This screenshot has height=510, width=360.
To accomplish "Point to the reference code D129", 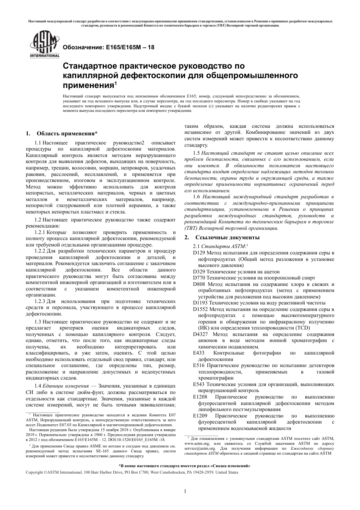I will coord(199,253).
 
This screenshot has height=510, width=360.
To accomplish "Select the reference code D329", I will coord(199,271).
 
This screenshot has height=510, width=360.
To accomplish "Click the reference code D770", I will coord(199,278).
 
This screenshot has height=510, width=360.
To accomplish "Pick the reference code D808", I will coord(199,284).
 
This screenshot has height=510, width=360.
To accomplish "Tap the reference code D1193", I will coord(200,303).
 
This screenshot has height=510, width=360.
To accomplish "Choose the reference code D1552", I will coord(200,309).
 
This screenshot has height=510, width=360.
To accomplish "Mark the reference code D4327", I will coord(200,334).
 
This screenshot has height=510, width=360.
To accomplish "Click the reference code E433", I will coord(199,353).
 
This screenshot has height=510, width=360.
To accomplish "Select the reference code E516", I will coord(199,366).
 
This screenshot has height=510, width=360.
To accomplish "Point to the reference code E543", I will coord(199,384).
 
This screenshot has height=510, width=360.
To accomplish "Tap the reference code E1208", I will coord(200,397).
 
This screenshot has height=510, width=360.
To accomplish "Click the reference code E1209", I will coord(200,416).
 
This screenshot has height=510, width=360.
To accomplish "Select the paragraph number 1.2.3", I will coord(40,301).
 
